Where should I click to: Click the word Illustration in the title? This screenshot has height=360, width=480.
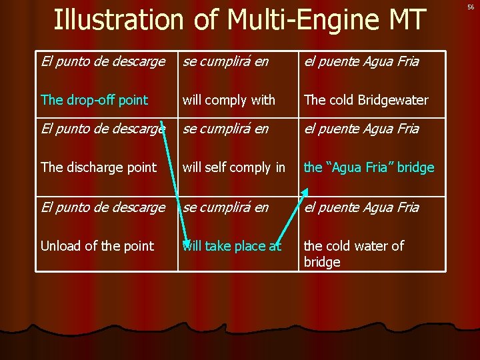118,19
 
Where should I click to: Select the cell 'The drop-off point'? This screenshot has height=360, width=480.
94,100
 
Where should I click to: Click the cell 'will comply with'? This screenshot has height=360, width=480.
229,100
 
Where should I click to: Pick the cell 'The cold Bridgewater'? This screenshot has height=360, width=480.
366,100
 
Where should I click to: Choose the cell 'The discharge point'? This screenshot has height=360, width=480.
99,167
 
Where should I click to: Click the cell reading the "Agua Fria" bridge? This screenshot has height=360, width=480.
369,167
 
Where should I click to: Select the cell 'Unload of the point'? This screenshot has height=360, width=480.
97,246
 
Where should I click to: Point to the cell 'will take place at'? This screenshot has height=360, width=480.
232,246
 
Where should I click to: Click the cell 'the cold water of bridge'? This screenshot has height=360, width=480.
354,253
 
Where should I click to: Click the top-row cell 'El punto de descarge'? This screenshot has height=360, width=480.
103,62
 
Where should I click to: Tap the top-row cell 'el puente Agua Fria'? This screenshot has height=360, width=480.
361,62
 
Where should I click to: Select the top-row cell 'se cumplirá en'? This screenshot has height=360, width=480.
225,62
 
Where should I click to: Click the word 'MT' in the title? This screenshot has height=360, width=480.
407,19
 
